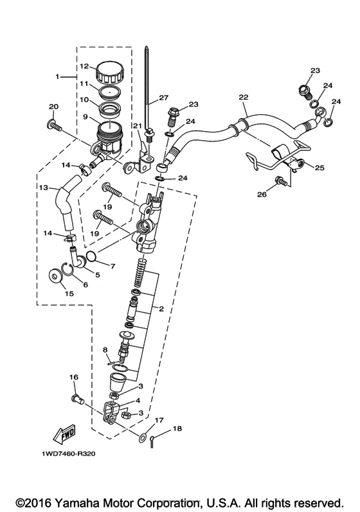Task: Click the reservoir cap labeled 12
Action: click(x=109, y=73)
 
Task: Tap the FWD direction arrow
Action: click(x=64, y=434)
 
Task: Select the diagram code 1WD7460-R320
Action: click(x=69, y=454)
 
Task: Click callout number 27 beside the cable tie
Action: click(x=163, y=98)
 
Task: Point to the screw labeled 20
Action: click(x=55, y=125)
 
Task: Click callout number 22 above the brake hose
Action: click(x=244, y=97)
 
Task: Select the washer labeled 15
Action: click(x=55, y=276)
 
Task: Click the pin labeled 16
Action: click(x=77, y=399)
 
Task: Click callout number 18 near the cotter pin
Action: click(x=177, y=428)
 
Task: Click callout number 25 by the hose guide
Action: click(x=319, y=168)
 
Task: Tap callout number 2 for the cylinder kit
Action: click(x=161, y=308)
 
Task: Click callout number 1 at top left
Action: click(x=57, y=76)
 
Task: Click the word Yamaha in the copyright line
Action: click(x=78, y=502)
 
